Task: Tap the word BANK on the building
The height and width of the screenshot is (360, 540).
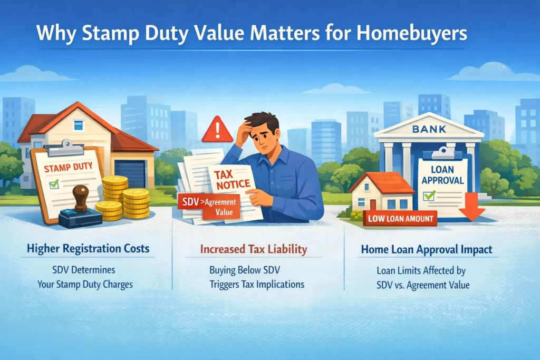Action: (x=429, y=128)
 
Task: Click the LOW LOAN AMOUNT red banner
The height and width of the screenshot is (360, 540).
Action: (x=400, y=218)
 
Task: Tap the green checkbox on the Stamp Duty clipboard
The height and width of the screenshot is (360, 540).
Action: (x=53, y=184)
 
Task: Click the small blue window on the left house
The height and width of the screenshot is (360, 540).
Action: (x=79, y=125)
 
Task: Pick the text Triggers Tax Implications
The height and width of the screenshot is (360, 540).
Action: (x=257, y=285)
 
